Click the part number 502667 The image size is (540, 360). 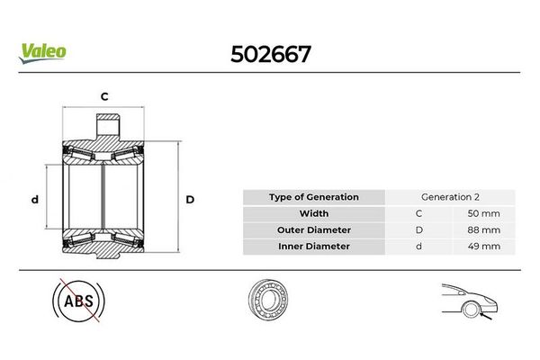point(271,53)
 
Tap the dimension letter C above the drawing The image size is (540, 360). point(104,94)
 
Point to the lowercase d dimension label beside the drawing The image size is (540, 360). point(33,199)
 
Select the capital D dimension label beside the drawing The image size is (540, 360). point(190,199)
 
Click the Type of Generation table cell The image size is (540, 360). point(314,197)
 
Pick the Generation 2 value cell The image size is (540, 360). point(449,197)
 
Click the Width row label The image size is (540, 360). point(314,213)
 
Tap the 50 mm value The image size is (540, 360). point(479,213)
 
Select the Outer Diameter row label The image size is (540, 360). point(314,229)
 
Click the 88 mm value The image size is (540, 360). point(479,229)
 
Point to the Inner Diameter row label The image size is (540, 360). point(314,246)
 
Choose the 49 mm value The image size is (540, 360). point(479,246)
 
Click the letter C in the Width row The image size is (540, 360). point(418,213)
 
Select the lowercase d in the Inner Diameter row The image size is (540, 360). point(418,246)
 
